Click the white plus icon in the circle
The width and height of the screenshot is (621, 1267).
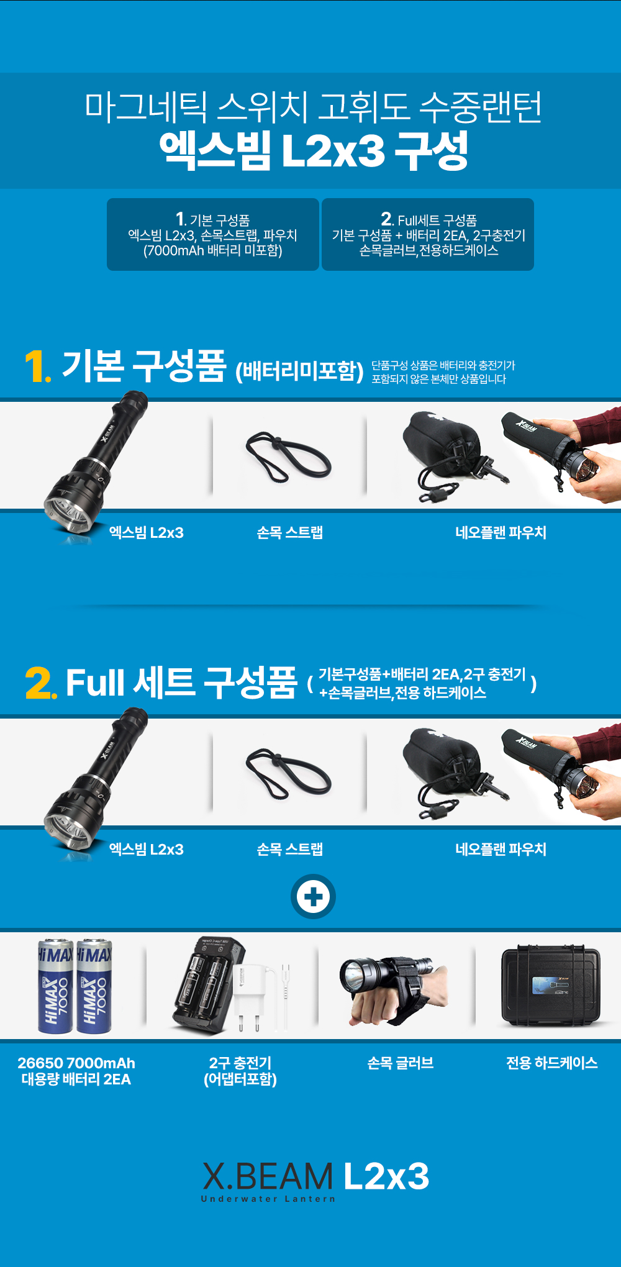[x=314, y=897]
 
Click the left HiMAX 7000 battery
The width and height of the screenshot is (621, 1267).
[x=55, y=986]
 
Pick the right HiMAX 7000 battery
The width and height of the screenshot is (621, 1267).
[x=94, y=986]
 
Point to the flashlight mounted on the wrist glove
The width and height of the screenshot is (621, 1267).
[x=386, y=971]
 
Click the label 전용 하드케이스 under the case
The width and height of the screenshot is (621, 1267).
[x=551, y=1063]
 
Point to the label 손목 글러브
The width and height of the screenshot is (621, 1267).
[x=401, y=1063]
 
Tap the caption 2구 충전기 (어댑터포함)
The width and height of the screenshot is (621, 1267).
[x=240, y=1071]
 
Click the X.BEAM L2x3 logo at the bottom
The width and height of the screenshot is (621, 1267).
[x=315, y=1181]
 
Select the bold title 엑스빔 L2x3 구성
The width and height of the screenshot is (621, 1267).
[x=314, y=150]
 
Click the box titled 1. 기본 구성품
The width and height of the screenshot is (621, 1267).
[x=213, y=235]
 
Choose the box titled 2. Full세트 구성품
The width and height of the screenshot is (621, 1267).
[x=428, y=235]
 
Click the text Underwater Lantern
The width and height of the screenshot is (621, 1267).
[x=268, y=1199]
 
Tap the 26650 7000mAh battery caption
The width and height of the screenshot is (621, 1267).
[x=76, y=1071]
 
